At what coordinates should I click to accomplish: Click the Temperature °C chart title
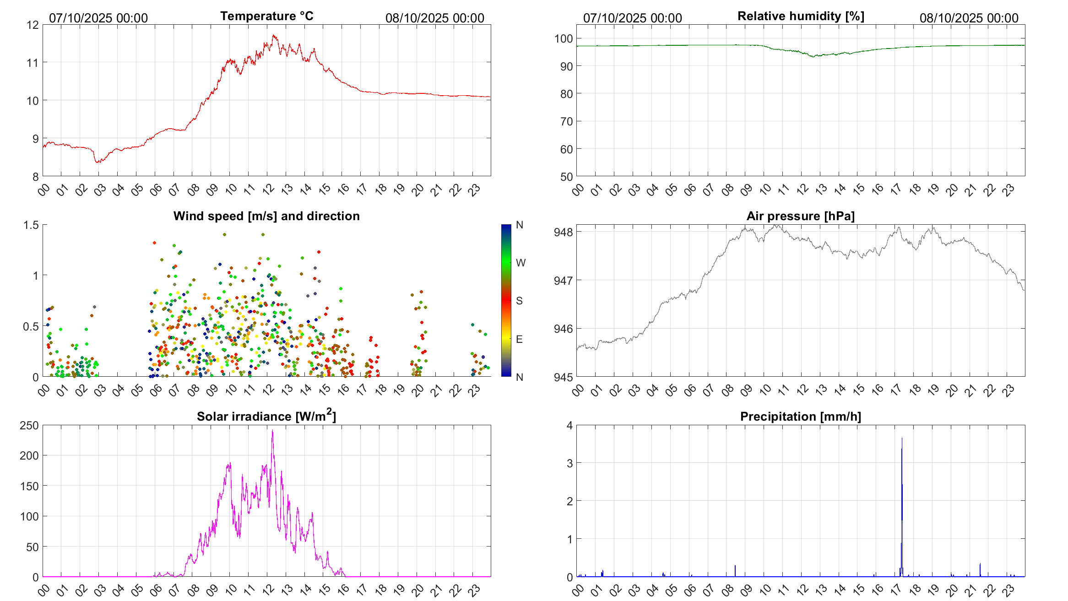(267, 16)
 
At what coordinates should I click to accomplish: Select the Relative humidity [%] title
(801, 16)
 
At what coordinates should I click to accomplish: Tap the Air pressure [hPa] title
(801, 216)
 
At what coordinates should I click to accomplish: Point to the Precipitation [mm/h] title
(801, 417)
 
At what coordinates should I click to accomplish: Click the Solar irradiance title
(266, 416)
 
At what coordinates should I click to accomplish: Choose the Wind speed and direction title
(266, 216)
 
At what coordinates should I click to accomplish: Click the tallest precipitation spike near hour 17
(902, 439)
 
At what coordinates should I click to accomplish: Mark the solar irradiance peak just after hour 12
(272, 431)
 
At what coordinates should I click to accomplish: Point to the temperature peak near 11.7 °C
(274, 35)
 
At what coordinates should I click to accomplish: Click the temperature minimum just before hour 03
(97, 162)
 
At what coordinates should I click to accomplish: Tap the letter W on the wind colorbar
(520, 263)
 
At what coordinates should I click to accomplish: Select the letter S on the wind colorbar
(519, 301)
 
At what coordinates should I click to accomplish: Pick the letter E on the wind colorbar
(519, 339)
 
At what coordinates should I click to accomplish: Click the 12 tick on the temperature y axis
(33, 25)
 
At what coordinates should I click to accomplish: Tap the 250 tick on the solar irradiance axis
(29, 425)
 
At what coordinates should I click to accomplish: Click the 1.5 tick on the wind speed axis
(31, 225)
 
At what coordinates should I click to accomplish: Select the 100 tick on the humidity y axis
(564, 38)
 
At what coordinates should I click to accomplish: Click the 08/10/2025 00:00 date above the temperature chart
(434, 18)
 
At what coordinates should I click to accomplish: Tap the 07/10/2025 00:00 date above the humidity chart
(632, 18)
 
